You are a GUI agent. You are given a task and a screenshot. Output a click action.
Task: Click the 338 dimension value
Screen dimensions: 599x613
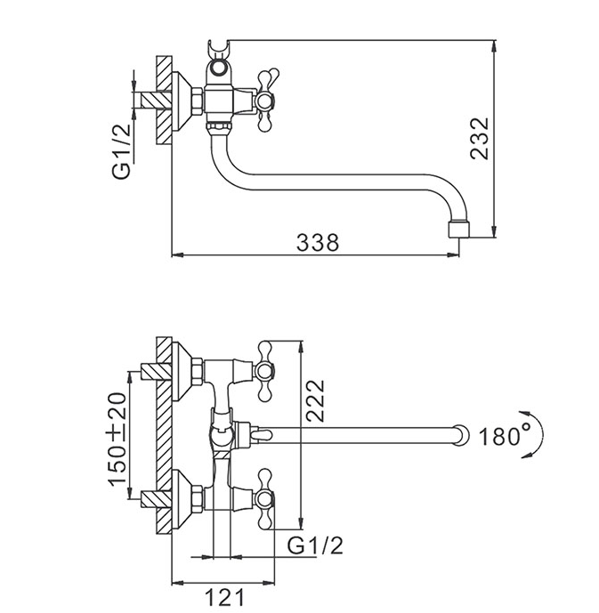(318, 242)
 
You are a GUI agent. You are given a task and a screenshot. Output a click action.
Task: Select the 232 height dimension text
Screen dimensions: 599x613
(480, 139)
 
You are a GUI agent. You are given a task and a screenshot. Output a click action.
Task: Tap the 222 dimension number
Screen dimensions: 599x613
(315, 400)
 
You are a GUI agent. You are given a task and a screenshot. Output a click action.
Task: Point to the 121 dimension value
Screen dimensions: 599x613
(224, 598)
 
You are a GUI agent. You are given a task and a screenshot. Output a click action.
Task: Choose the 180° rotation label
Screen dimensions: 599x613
(505, 435)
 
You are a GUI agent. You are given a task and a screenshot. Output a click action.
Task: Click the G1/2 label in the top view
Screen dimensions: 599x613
(122, 151)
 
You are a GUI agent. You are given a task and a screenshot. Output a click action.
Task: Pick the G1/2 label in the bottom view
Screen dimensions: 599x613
(315, 545)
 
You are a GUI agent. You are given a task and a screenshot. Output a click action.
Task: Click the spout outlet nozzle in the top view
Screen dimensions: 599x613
(458, 230)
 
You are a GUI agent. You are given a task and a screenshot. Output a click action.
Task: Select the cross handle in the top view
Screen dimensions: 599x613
(265, 101)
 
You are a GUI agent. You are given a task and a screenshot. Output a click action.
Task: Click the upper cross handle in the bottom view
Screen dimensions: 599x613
(264, 371)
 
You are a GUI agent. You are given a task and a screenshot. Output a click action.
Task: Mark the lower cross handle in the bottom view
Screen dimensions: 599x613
(264, 498)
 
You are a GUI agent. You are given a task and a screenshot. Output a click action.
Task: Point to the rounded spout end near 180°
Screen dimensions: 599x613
(461, 435)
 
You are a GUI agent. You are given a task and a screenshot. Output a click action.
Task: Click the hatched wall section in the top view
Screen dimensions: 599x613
(165, 100)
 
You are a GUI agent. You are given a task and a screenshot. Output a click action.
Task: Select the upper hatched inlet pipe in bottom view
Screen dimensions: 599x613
(156, 371)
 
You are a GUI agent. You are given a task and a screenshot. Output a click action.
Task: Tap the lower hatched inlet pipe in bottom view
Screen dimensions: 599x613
(156, 500)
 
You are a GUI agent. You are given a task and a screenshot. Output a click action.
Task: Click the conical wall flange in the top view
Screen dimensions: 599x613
(182, 101)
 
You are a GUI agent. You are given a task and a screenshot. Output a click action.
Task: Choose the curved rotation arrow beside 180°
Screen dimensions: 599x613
(535, 434)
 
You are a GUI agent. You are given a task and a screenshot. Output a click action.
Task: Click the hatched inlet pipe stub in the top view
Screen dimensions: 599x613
(157, 101)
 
